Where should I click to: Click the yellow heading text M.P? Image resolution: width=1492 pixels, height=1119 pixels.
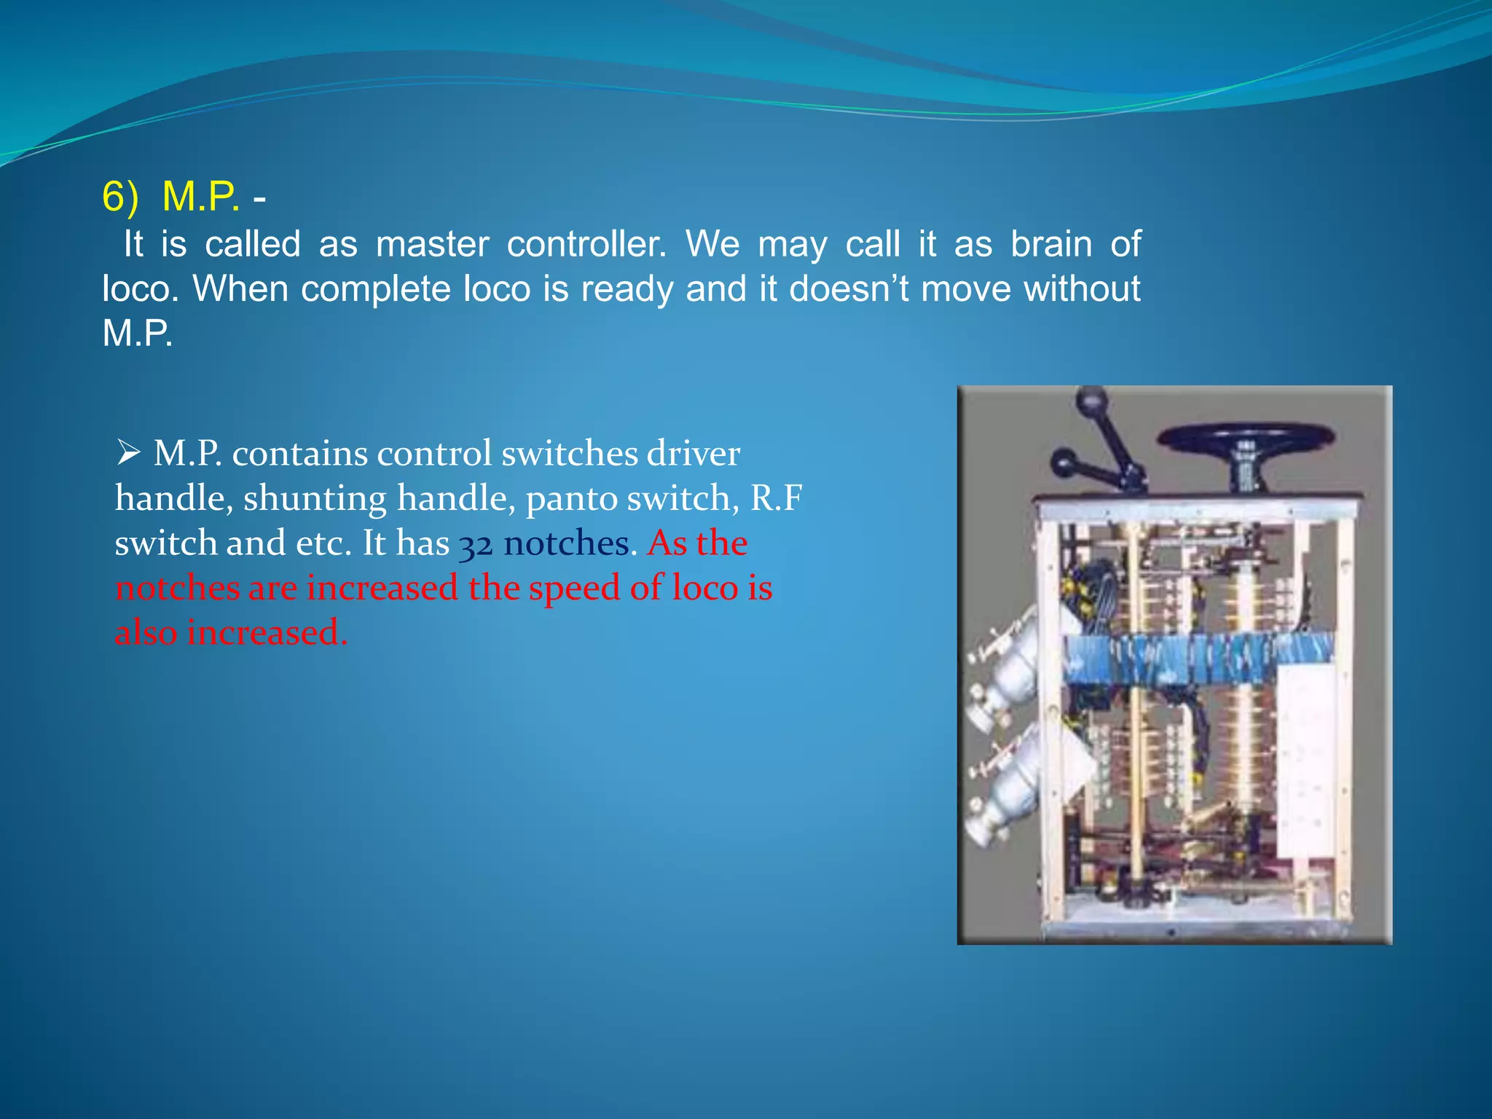coord(200,197)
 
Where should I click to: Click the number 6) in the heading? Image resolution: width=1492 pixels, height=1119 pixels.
coord(120,197)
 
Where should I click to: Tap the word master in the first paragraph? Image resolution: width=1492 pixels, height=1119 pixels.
coord(432,244)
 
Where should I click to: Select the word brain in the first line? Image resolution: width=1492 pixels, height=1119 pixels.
coord(1051,244)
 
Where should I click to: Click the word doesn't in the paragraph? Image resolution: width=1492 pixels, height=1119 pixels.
coord(849,289)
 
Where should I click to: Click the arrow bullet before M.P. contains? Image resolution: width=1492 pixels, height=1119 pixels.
coord(128,454)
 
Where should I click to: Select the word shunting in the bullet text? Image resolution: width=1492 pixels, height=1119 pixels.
coord(315,499)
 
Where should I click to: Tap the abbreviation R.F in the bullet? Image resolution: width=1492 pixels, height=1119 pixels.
coord(776,499)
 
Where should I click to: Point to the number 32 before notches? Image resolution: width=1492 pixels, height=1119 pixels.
coord(476,545)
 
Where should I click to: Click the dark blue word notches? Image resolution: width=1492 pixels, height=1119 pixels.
coord(566,544)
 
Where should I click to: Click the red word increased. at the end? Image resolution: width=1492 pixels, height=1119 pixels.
coord(267,633)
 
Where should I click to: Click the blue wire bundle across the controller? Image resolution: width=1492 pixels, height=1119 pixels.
coord(1195,659)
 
